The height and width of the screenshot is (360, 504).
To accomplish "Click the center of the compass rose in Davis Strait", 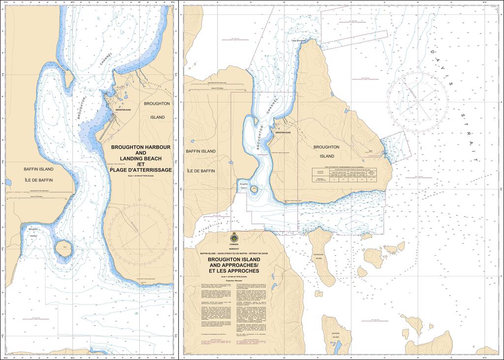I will click(417, 95).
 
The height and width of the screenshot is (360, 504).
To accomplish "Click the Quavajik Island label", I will click(336, 335).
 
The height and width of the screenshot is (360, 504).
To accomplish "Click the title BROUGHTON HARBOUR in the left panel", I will click(141, 147).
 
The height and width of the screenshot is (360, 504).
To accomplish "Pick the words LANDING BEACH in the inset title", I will click(141, 158).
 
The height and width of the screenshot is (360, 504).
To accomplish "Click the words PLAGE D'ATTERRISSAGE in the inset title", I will click(141, 170).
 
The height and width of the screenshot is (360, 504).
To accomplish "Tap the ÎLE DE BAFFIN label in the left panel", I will click(39, 180).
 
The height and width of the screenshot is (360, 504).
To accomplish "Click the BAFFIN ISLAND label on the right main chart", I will click(201, 151).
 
